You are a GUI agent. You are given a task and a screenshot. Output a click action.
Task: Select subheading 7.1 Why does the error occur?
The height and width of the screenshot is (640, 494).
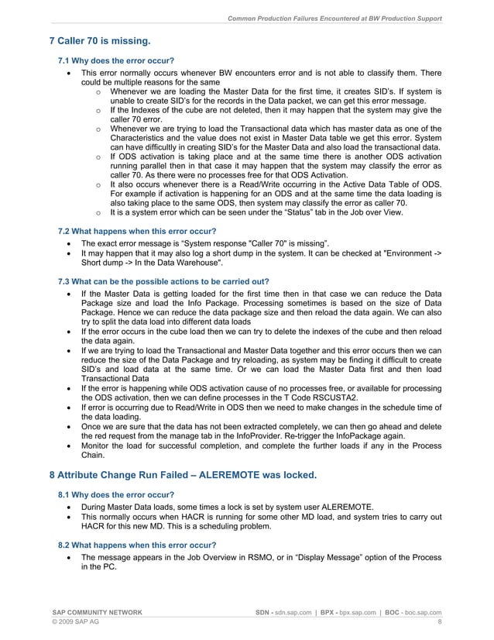click(116, 60)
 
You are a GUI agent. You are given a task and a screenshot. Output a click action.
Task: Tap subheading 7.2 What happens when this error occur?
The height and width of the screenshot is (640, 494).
click(137, 231)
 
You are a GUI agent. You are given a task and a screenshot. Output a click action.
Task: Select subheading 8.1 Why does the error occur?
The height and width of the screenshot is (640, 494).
click(116, 494)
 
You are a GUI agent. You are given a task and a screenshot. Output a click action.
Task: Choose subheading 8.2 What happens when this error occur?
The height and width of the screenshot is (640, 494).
click(137, 545)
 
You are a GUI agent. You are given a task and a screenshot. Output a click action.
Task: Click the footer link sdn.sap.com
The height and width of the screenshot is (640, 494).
click(293, 613)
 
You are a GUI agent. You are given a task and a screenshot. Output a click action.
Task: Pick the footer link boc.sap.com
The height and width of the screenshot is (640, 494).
click(417, 613)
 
